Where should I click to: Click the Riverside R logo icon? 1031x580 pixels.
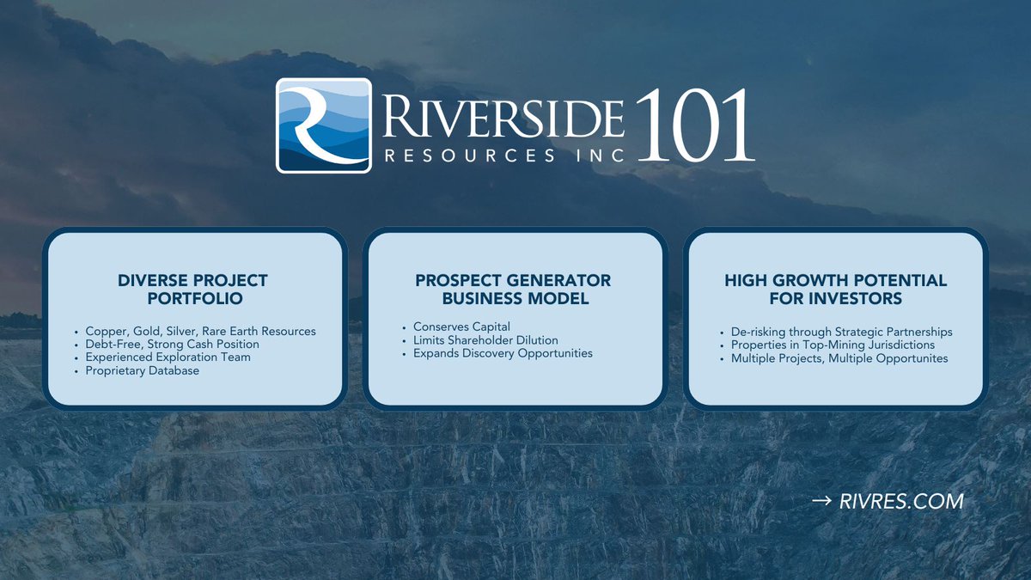[323, 125]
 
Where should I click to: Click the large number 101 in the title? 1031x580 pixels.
[694, 125]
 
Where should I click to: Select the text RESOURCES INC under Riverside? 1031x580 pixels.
[503, 156]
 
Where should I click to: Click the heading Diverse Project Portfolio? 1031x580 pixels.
[193, 290]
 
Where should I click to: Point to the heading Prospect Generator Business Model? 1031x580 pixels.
[514, 290]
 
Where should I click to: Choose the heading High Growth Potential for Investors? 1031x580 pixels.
[835, 290]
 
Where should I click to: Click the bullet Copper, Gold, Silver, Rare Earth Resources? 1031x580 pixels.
[200, 331]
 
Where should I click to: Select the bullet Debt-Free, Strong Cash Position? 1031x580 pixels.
[172, 344]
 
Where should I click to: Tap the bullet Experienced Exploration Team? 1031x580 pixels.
[168, 357]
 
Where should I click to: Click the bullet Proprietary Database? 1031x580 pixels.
[142, 370]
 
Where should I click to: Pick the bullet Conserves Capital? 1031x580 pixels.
[461, 327]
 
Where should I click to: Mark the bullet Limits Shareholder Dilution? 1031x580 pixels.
[485, 340]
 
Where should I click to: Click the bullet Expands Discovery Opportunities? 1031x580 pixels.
[503, 353]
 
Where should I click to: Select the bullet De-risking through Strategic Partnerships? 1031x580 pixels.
[841, 332]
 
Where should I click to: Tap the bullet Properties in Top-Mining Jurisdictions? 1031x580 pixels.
[833, 345]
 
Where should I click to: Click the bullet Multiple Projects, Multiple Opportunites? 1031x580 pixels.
[839, 357]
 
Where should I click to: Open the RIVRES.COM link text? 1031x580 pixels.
[901, 501]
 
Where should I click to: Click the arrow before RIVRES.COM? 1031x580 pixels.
[821, 501]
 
